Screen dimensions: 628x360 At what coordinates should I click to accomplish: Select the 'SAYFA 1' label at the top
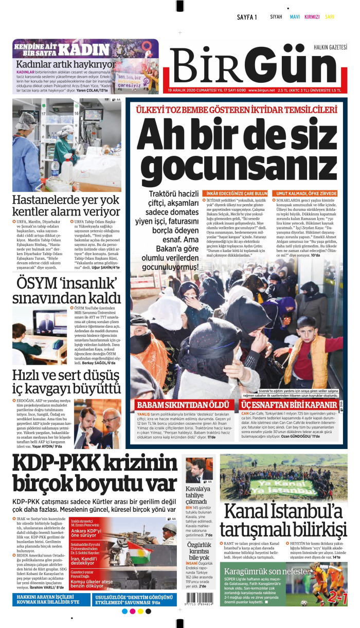(247, 17)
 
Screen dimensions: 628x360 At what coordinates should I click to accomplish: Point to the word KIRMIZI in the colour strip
(312, 17)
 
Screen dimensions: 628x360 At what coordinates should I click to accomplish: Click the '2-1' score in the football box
(337, 598)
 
